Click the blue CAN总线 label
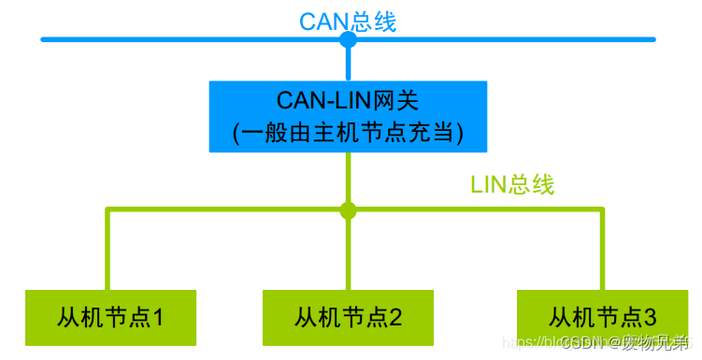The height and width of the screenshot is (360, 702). pyautogui.click(x=348, y=21)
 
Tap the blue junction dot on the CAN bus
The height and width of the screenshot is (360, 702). pyautogui.click(x=348, y=40)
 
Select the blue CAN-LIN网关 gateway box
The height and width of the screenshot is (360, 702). pyautogui.click(x=348, y=117)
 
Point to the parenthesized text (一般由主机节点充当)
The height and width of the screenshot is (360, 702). pyautogui.click(x=348, y=133)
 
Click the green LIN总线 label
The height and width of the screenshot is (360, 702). pyautogui.click(x=511, y=184)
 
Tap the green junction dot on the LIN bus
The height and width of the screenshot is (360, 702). pyautogui.click(x=348, y=209)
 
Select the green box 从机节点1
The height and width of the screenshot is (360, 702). pyautogui.click(x=110, y=317)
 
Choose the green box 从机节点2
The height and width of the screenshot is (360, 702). pyautogui.click(x=348, y=317)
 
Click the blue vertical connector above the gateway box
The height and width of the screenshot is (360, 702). pyautogui.click(x=348, y=62)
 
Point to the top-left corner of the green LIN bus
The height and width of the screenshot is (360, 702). pyautogui.click(x=108, y=210)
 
